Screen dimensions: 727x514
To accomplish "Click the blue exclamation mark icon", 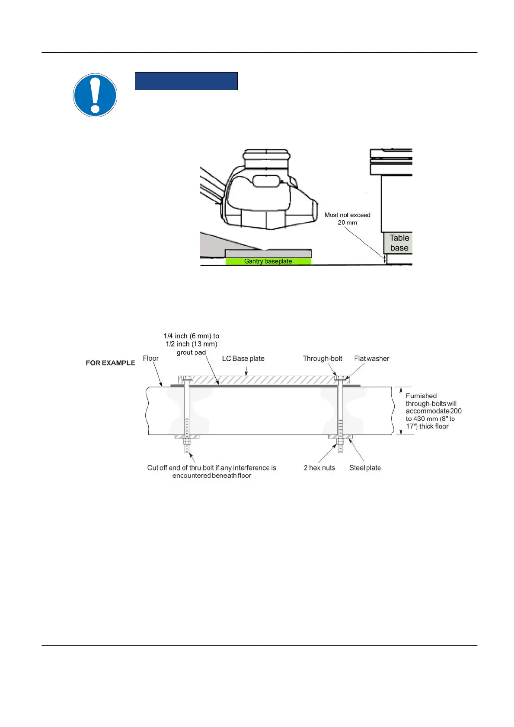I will (x=95, y=95).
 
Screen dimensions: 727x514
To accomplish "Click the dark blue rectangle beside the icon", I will (x=186, y=81).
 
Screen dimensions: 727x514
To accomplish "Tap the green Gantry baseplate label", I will (x=268, y=261).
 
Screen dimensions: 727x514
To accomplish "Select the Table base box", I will (x=399, y=243).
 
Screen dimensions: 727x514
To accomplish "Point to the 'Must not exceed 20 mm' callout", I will (x=348, y=219).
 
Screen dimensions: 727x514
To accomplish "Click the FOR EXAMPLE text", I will (x=110, y=363).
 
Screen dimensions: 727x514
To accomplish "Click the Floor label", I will (x=150, y=359).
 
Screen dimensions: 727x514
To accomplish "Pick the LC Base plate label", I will (x=243, y=359).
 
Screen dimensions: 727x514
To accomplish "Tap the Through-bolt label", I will (x=322, y=359).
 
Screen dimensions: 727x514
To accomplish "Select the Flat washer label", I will (x=371, y=359).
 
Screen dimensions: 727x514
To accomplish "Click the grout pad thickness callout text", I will (x=192, y=344).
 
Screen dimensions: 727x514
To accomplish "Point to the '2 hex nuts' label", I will (x=319, y=468).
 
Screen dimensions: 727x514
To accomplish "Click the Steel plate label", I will (x=365, y=468).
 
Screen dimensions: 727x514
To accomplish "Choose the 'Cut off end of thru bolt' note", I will (x=211, y=471).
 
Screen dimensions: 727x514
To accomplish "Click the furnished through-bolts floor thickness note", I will (x=433, y=411).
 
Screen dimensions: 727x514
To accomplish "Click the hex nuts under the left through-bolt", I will (x=187, y=442).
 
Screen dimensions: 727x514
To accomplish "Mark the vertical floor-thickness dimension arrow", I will (x=401, y=411).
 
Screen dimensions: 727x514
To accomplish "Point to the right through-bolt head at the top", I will (x=340, y=378).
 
